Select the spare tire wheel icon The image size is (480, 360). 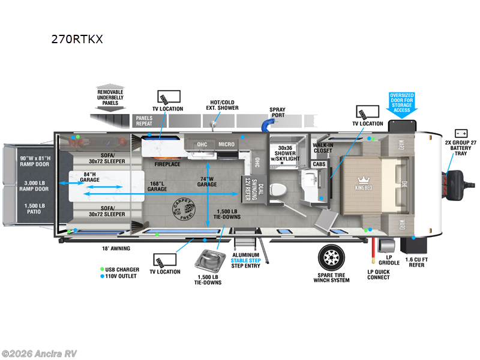point(331,257)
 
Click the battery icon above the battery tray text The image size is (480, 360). point(461,133)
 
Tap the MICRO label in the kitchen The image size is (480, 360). point(226,145)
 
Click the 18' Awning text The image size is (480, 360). point(116,248)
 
